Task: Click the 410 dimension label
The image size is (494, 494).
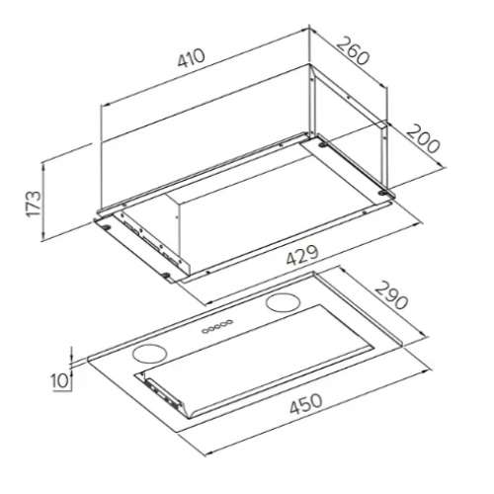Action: click(x=192, y=58)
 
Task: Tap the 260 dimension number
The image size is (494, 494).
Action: click(x=353, y=51)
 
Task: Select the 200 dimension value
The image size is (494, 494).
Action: click(x=423, y=138)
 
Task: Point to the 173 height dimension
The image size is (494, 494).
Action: click(x=34, y=204)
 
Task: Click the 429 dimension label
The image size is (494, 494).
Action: click(x=302, y=255)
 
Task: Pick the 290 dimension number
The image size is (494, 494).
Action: click(x=391, y=295)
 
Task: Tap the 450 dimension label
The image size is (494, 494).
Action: click(x=305, y=404)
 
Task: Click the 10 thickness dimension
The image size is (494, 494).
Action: click(x=59, y=380)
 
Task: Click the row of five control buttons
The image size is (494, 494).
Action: click(x=217, y=326)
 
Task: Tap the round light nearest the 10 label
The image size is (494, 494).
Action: click(x=149, y=354)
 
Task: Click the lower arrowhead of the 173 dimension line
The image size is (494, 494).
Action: click(x=42, y=236)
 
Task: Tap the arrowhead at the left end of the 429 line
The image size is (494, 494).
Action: click(x=210, y=301)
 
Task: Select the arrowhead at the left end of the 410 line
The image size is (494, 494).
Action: click(x=107, y=105)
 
